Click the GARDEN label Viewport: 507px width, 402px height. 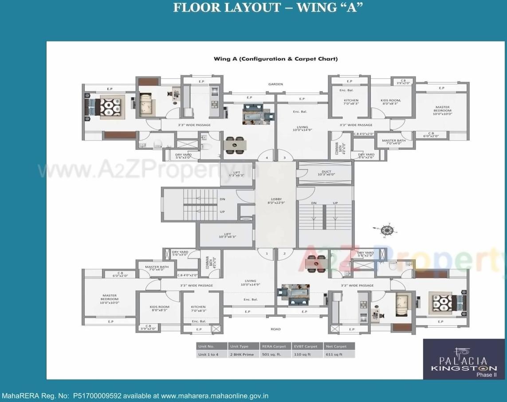[x=275, y=84]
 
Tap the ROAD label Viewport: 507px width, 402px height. [x=275, y=329]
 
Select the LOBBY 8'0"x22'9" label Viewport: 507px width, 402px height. [x=275, y=201]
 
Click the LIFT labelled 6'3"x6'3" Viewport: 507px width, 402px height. [x=236, y=173]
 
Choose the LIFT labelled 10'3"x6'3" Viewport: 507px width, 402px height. [x=227, y=235]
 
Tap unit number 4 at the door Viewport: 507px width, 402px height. [x=267, y=158]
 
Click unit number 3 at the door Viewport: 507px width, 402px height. [x=284, y=158]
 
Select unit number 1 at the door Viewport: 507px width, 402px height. [x=267, y=254]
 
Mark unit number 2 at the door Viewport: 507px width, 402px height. [x=284, y=254]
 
